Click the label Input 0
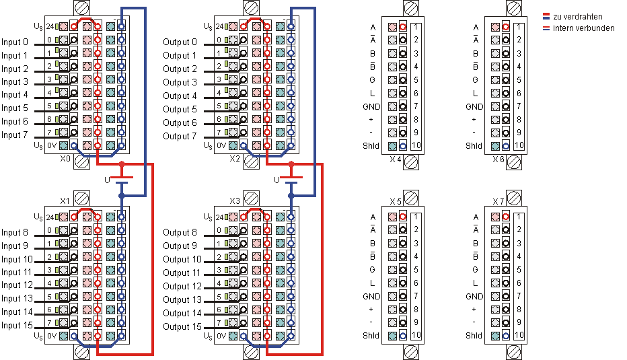[15, 42]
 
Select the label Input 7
[15, 135]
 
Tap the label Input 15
[17, 326]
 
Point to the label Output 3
[180, 82]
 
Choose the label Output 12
[182, 286]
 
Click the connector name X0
[65, 159]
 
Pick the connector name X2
[235, 159]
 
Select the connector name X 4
[396, 159]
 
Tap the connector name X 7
[499, 201]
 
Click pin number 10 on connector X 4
[416, 145]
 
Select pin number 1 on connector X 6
[519, 27]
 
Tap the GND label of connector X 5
[371, 296]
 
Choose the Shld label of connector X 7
[474, 335]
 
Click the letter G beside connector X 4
[372, 79]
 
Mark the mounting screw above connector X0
[81, 8]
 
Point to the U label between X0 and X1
[106, 180]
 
